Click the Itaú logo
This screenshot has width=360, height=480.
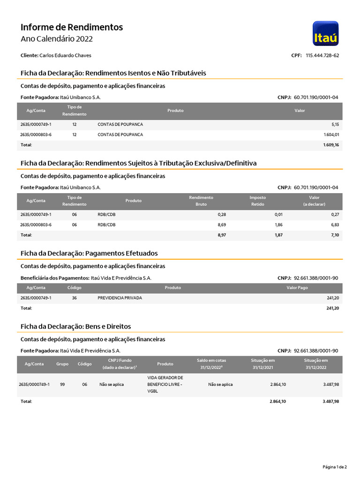[325, 33]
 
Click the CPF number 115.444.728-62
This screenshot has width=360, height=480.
[322, 55]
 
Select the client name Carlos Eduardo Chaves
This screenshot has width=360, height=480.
[65, 55]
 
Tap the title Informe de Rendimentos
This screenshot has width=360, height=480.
[72, 27]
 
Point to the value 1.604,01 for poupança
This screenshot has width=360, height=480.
[330, 135]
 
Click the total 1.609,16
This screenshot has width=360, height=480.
[330, 145]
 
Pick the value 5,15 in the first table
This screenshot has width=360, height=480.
[334, 125]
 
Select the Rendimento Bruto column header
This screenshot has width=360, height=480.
[201, 201]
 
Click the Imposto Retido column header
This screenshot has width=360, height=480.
[257, 201]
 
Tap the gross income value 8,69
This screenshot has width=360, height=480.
[222, 225]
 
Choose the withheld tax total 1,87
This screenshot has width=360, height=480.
[278, 235]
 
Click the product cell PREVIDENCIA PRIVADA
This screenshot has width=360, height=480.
[120, 298]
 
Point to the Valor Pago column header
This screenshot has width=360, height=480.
[297, 287]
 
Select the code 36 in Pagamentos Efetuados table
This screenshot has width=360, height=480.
[75, 298]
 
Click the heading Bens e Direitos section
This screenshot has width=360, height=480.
[76, 326]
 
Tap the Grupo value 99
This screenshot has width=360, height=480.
[62, 384]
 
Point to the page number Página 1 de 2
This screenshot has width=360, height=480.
[335, 467]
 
